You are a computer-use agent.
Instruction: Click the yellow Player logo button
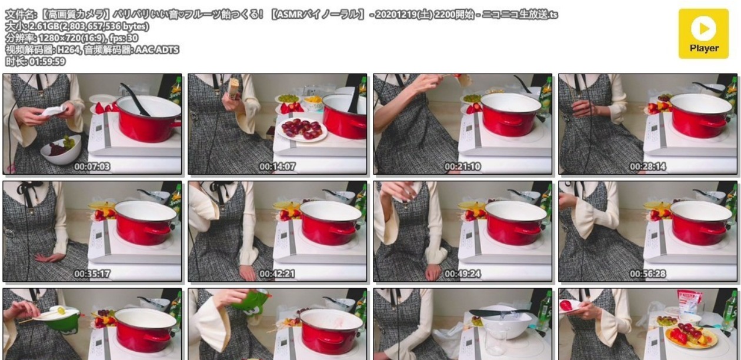click(703, 34)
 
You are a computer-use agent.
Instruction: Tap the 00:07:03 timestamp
click(92, 166)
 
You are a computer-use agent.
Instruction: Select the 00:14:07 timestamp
click(277, 166)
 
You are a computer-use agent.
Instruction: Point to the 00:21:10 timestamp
click(462, 166)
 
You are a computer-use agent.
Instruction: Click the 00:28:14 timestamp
click(647, 166)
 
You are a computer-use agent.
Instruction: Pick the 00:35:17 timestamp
click(92, 274)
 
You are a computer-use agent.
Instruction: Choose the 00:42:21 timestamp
click(277, 274)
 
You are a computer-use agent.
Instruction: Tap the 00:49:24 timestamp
click(462, 274)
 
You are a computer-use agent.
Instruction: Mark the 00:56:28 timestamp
click(647, 274)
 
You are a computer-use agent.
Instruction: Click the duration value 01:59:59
click(47, 62)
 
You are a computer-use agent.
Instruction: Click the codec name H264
click(68, 49)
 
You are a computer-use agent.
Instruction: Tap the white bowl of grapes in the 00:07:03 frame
click(62, 149)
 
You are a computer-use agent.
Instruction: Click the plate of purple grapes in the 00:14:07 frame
click(302, 129)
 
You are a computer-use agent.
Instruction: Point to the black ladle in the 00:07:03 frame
click(135, 99)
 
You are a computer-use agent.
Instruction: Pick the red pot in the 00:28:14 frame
click(700, 115)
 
